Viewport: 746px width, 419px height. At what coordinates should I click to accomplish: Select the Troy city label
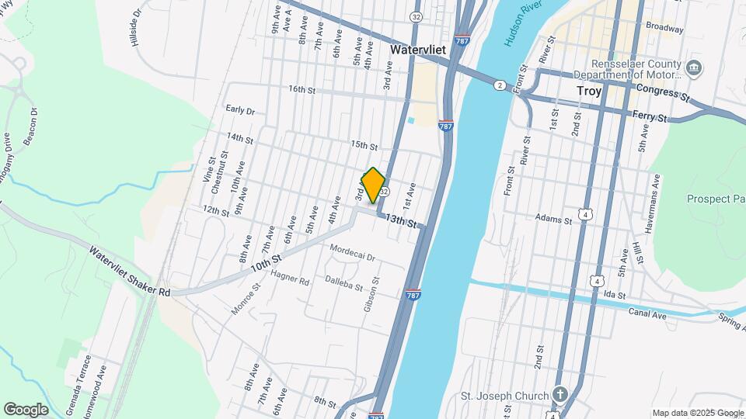[x=589, y=91]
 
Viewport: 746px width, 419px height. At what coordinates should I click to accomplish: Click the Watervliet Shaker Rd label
[x=128, y=272]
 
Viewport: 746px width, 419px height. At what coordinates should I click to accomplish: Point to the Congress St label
[x=662, y=94]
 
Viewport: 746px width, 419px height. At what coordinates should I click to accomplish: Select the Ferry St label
[x=650, y=117]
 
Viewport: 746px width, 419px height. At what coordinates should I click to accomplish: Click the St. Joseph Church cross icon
[x=559, y=395]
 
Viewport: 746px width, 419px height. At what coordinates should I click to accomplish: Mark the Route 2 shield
[x=499, y=85]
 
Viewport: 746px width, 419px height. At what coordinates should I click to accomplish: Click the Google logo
[x=26, y=410]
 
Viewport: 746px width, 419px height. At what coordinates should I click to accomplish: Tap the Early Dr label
[x=240, y=110]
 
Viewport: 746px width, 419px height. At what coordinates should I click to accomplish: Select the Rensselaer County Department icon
[x=695, y=68]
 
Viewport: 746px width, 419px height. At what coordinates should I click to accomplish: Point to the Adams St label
[x=553, y=220]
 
